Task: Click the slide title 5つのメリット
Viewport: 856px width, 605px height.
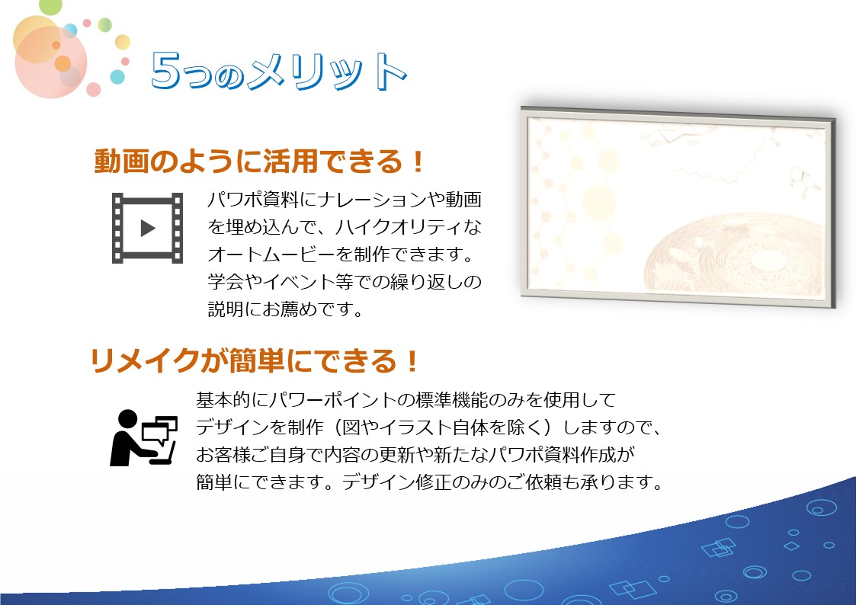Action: [x=278, y=72]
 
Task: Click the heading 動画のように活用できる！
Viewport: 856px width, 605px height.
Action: [x=258, y=161]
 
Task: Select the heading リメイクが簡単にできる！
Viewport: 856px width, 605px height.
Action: [x=254, y=360]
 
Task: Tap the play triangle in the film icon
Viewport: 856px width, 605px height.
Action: [x=147, y=228]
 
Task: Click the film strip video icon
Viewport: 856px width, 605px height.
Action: [x=147, y=228]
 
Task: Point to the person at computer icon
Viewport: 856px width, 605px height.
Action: [x=143, y=437]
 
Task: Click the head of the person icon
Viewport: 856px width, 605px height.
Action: [x=127, y=419]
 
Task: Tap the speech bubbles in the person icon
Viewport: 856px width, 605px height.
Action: [x=161, y=429]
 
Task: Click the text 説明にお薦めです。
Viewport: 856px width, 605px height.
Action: [x=286, y=309]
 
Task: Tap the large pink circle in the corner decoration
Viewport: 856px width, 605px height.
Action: [x=51, y=62]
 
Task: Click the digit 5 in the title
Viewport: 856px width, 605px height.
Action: [x=165, y=70]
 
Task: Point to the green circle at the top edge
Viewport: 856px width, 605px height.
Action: [x=51, y=6]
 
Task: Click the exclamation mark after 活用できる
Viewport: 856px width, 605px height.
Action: [x=418, y=162]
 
